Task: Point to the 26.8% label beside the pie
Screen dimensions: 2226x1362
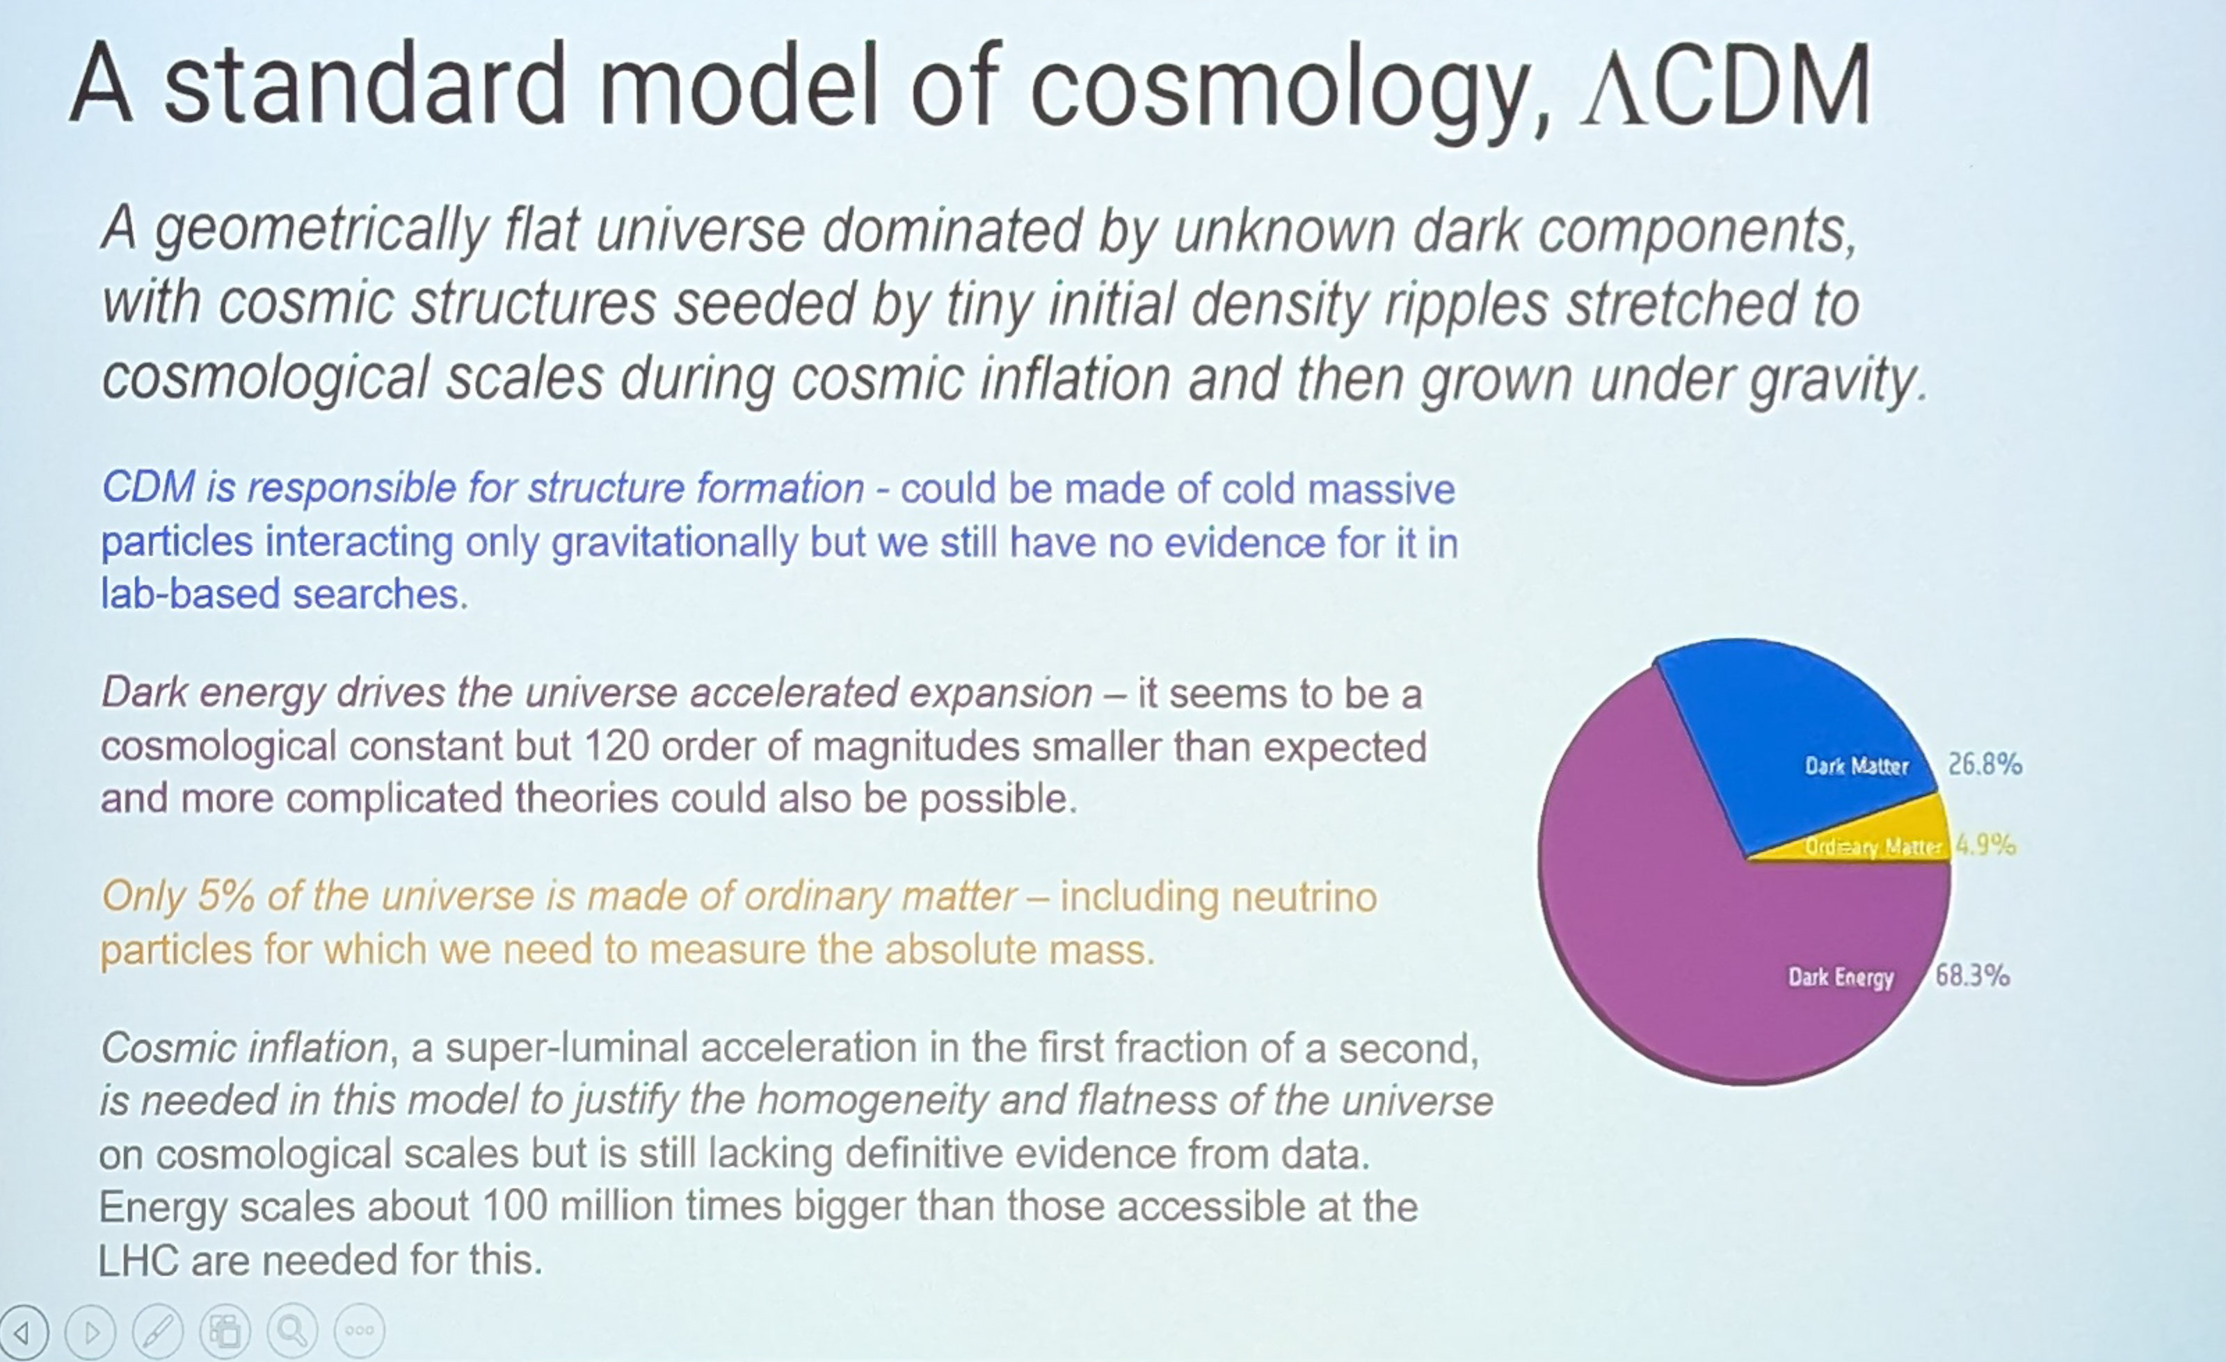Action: (1985, 765)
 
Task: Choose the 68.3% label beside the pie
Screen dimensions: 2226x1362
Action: (1972, 975)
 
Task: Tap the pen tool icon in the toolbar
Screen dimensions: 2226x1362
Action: (157, 1331)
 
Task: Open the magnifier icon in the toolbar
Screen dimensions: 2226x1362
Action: (291, 1331)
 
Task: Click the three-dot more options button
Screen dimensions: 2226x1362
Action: (360, 1331)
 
